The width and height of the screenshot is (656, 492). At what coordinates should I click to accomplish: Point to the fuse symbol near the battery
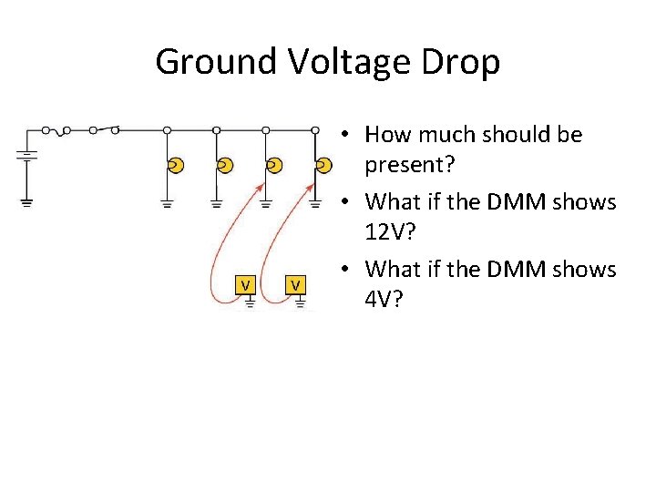click(61, 131)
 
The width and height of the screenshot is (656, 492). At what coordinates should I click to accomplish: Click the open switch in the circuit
click(103, 129)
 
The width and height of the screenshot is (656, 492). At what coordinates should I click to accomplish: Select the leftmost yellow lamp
click(176, 165)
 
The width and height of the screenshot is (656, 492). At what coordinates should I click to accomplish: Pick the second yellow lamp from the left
click(225, 165)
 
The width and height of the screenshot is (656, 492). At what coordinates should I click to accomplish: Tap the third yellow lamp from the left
click(274, 165)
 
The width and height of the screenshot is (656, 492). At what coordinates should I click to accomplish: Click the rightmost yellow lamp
click(323, 165)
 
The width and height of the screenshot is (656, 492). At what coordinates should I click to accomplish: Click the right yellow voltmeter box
click(296, 284)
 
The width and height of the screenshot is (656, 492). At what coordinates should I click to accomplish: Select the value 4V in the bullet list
click(382, 299)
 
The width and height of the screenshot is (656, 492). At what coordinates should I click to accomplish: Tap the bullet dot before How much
click(347, 136)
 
